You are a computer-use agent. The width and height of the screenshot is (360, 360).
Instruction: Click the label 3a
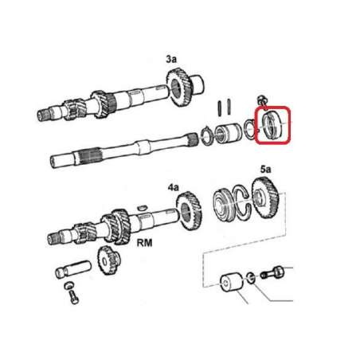click(x=171, y=59)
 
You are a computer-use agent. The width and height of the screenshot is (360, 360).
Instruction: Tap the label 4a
click(x=173, y=188)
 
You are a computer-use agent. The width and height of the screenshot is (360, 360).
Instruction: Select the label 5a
click(x=265, y=169)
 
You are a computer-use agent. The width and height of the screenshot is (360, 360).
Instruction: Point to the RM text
click(x=144, y=243)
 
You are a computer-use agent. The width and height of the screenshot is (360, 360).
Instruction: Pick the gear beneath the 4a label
click(x=189, y=211)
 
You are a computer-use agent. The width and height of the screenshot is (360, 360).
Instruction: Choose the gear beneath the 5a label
click(x=264, y=198)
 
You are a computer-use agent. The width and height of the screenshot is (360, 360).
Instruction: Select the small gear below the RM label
click(x=109, y=260)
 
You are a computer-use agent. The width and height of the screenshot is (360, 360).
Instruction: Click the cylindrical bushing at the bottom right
click(x=231, y=284)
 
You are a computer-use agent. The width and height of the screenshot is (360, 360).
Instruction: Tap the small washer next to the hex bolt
click(x=251, y=277)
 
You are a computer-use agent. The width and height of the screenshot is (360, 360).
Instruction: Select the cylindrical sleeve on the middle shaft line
click(x=228, y=134)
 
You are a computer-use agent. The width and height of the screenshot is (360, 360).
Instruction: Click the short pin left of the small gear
click(x=73, y=268)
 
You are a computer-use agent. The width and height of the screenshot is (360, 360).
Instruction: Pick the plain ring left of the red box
click(x=250, y=129)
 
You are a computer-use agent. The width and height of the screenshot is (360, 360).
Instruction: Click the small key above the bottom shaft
click(x=143, y=207)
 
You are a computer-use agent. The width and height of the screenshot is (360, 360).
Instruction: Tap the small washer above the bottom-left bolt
click(x=69, y=285)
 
